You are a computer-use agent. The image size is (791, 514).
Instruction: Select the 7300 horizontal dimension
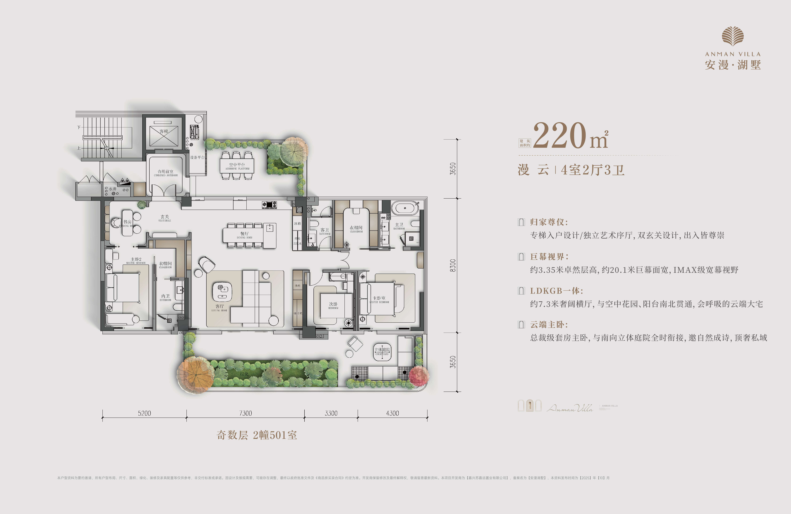[246, 413]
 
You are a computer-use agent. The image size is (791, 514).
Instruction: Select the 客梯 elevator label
[164, 131]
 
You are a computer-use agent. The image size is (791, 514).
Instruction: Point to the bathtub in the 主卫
[405, 208]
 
